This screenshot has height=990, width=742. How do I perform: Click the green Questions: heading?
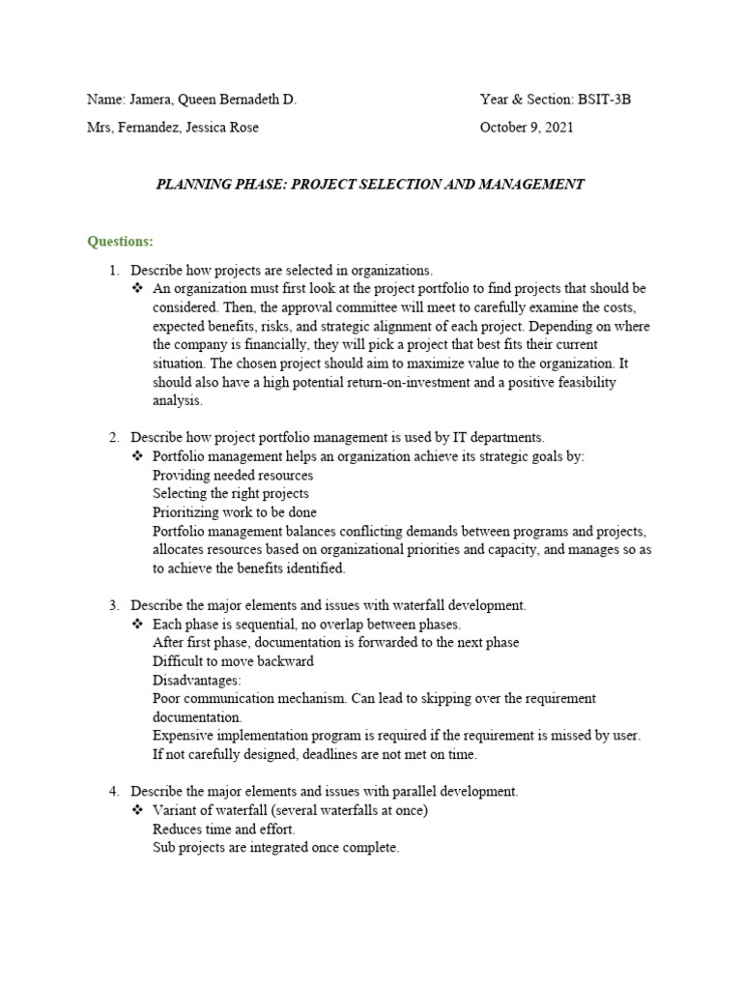[120, 241]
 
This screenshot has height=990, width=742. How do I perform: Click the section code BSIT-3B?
[605, 100]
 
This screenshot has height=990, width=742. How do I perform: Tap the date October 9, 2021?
[527, 127]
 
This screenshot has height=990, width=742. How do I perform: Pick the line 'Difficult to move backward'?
[233, 661]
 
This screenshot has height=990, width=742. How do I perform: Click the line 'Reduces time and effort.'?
[224, 829]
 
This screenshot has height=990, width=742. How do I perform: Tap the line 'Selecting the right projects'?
[231, 494]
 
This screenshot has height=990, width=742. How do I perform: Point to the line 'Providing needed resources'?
[233, 476]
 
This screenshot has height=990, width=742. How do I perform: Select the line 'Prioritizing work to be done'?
[235, 512]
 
